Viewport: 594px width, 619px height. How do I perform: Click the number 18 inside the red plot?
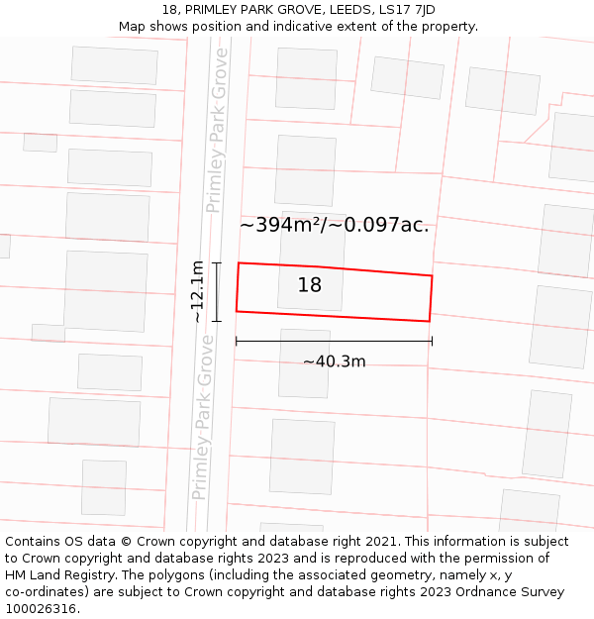tap(310, 285)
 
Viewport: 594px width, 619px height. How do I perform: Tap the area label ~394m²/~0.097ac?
tap(334, 225)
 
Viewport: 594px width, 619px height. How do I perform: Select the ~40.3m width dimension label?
tap(335, 361)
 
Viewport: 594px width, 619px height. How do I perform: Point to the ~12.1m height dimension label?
tap(198, 291)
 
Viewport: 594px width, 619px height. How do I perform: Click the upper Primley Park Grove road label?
tap(217, 130)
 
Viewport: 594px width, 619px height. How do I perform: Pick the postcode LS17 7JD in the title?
tap(406, 10)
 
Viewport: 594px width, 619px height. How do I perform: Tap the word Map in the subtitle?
tap(134, 27)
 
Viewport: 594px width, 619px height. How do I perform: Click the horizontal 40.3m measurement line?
tap(334, 342)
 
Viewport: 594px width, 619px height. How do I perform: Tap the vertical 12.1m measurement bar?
tap(216, 291)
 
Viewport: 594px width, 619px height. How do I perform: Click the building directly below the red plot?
tap(304, 363)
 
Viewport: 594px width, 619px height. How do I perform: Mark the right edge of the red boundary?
tap(431, 298)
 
